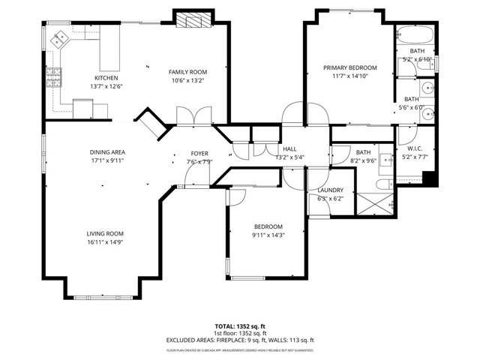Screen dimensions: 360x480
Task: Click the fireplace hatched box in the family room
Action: coord(193,20)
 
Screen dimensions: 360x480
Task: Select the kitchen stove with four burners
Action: coord(54,77)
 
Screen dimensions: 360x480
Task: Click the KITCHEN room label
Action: coord(105,78)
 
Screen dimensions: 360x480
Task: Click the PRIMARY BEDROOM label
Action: coord(349,67)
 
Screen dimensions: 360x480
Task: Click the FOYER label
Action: coord(199,153)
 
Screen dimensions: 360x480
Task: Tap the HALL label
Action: coord(289,149)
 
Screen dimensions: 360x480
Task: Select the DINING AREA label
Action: coord(106,151)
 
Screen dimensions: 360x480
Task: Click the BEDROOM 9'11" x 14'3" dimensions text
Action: coord(268,235)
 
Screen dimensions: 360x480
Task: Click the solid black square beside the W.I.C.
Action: coord(429,178)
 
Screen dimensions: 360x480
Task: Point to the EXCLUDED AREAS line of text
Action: coord(239,340)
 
